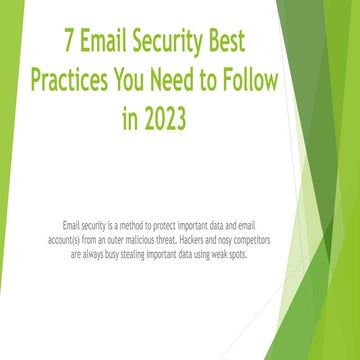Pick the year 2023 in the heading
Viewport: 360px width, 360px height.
tap(163, 120)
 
